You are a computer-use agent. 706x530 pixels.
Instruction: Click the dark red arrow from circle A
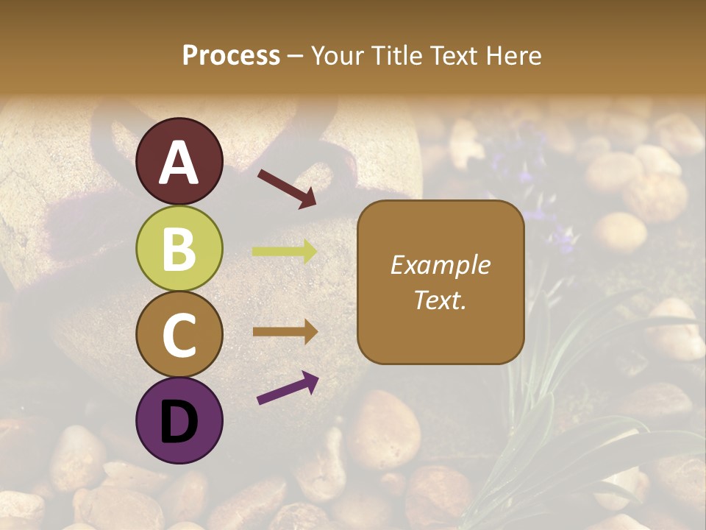click(x=287, y=188)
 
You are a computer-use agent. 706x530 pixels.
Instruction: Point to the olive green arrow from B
click(x=285, y=251)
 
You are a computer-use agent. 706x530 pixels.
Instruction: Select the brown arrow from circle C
click(x=285, y=332)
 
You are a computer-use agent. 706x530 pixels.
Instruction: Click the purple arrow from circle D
click(x=288, y=389)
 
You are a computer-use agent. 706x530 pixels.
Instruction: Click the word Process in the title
click(x=231, y=56)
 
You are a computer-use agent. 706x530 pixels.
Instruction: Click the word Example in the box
click(x=441, y=265)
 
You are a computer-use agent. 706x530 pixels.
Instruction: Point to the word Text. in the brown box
click(x=441, y=300)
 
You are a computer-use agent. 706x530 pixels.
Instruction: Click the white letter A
click(x=179, y=162)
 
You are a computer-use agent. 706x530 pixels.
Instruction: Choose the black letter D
click(x=179, y=421)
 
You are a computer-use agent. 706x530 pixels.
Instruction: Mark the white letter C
click(x=179, y=335)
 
